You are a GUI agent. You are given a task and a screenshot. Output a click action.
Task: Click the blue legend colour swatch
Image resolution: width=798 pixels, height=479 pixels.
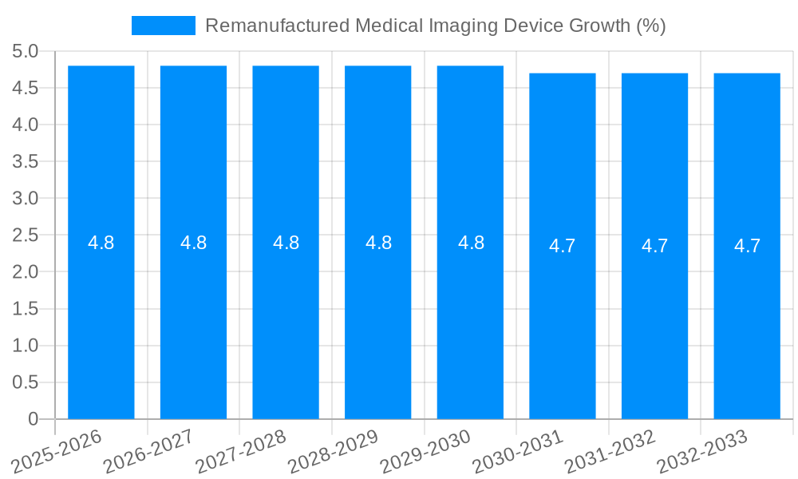(x=164, y=26)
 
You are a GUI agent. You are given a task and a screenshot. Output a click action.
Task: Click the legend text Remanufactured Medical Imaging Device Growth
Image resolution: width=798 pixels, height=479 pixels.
(x=435, y=26)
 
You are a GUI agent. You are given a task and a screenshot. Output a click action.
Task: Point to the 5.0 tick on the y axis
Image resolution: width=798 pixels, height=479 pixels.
(x=26, y=52)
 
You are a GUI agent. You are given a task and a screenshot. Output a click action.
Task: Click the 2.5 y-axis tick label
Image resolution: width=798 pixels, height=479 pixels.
(x=26, y=236)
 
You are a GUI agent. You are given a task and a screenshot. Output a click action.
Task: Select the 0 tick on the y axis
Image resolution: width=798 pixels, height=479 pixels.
(x=33, y=419)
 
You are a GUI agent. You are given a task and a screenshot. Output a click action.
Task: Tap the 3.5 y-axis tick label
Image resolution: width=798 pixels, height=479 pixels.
(x=26, y=162)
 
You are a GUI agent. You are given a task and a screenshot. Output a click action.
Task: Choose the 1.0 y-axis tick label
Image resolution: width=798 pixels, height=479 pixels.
(x=26, y=346)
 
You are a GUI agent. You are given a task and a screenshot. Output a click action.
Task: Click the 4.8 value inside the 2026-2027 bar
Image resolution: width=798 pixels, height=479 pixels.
(x=194, y=243)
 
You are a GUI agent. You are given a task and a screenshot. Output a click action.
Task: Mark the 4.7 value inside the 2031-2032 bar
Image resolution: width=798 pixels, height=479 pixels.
(x=655, y=246)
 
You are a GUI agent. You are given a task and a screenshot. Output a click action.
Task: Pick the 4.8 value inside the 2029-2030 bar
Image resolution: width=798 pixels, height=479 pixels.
(x=471, y=243)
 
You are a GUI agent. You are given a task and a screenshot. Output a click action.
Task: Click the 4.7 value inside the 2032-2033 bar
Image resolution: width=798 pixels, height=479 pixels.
(x=747, y=246)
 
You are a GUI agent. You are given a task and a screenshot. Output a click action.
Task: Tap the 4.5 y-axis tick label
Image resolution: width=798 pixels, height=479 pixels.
(x=26, y=89)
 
